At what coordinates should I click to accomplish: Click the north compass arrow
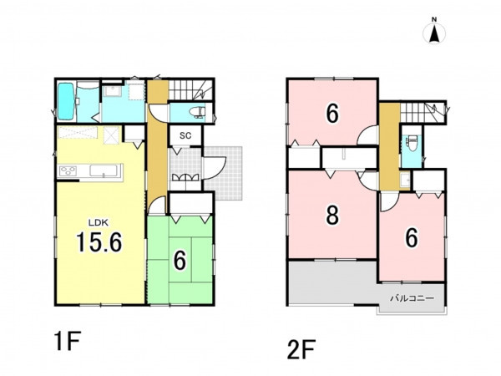434,34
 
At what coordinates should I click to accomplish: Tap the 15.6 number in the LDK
99,242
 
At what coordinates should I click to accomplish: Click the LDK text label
99,222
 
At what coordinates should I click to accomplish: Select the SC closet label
185,135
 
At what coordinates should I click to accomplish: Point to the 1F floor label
68,341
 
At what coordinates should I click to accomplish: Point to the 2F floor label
301,349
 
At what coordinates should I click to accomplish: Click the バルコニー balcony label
412,298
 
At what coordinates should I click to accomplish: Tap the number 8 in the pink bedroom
332,216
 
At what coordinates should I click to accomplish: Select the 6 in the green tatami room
180,261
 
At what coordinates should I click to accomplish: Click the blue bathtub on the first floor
67,101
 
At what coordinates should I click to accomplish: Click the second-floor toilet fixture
411,142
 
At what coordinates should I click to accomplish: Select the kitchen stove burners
68,170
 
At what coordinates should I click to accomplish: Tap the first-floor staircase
190,90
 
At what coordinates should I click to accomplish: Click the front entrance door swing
215,168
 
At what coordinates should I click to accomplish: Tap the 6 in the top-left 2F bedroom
332,114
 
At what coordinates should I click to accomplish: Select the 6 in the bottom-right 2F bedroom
412,238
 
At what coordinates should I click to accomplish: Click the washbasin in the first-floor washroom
112,91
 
